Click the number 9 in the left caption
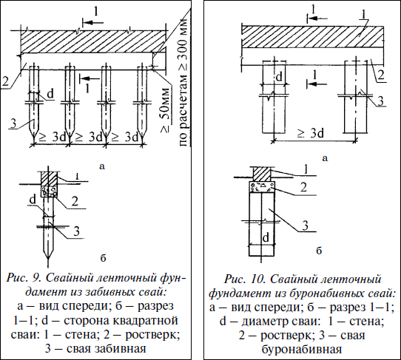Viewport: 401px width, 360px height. tap(36, 278)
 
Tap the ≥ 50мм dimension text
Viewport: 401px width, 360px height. tap(166, 110)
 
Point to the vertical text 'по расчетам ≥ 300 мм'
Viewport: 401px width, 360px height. tap(183, 82)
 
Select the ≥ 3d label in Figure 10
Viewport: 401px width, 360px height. tap(311, 133)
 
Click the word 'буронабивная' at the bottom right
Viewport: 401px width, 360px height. tap(302, 350)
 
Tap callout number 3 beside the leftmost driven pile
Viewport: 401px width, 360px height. tap(13, 123)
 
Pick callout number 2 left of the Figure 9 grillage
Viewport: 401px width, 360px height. tap(5, 81)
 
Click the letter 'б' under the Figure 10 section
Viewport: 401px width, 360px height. tap(319, 251)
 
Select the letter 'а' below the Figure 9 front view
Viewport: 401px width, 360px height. tap(102, 166)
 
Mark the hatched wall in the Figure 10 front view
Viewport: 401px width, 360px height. tap(312, 36)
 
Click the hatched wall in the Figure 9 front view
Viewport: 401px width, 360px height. tap(92, 42)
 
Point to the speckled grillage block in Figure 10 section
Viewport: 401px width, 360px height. tap(262, 187)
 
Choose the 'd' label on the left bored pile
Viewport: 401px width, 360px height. tap(280, 77)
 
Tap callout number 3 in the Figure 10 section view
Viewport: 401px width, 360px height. tap(305, 226)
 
